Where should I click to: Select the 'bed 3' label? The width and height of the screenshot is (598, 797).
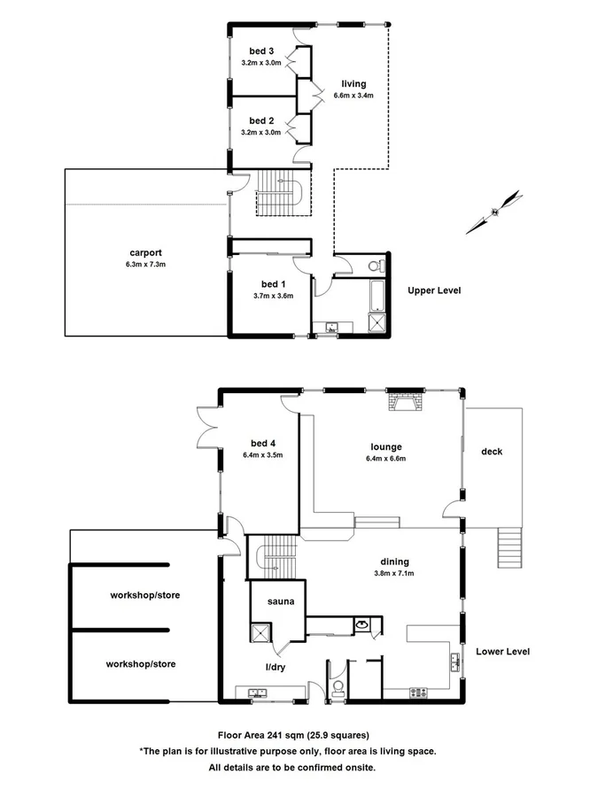(x=260, y=51)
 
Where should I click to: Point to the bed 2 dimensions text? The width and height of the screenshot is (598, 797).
(x=260, y=133)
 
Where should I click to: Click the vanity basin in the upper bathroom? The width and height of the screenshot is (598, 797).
(x=333, y=328)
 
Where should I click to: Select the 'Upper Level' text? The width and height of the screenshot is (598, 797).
(x=434, y=290)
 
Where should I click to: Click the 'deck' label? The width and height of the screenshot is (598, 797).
(x=492, y=452)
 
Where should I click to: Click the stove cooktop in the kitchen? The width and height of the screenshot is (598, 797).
(x=416, y=692)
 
